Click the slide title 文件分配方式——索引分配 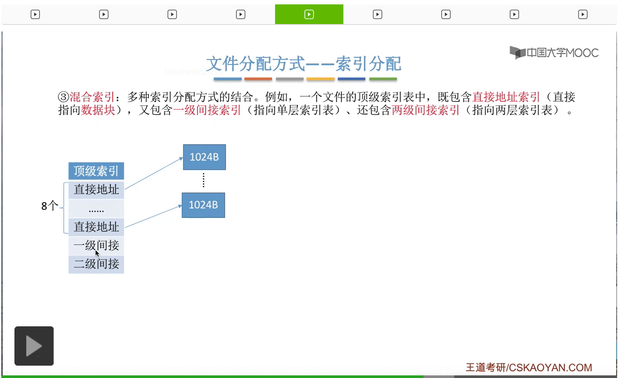point(303,64)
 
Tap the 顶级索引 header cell point(96,171)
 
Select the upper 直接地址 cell point(96,190)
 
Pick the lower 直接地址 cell point(96,227)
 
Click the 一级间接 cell point(96,246)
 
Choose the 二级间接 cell point(96,264)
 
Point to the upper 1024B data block point(204,157)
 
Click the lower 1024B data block point(203,205)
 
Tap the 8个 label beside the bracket point(49,206)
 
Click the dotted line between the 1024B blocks point(204,180)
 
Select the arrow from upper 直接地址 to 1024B point(153,173)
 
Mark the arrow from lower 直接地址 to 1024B point(153,217)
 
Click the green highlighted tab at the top point(309,14)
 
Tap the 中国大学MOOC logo point(554,53)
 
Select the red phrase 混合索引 point(92,97)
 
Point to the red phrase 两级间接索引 point(425,110)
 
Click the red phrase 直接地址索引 point(506,97)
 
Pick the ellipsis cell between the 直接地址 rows point(96,209)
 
